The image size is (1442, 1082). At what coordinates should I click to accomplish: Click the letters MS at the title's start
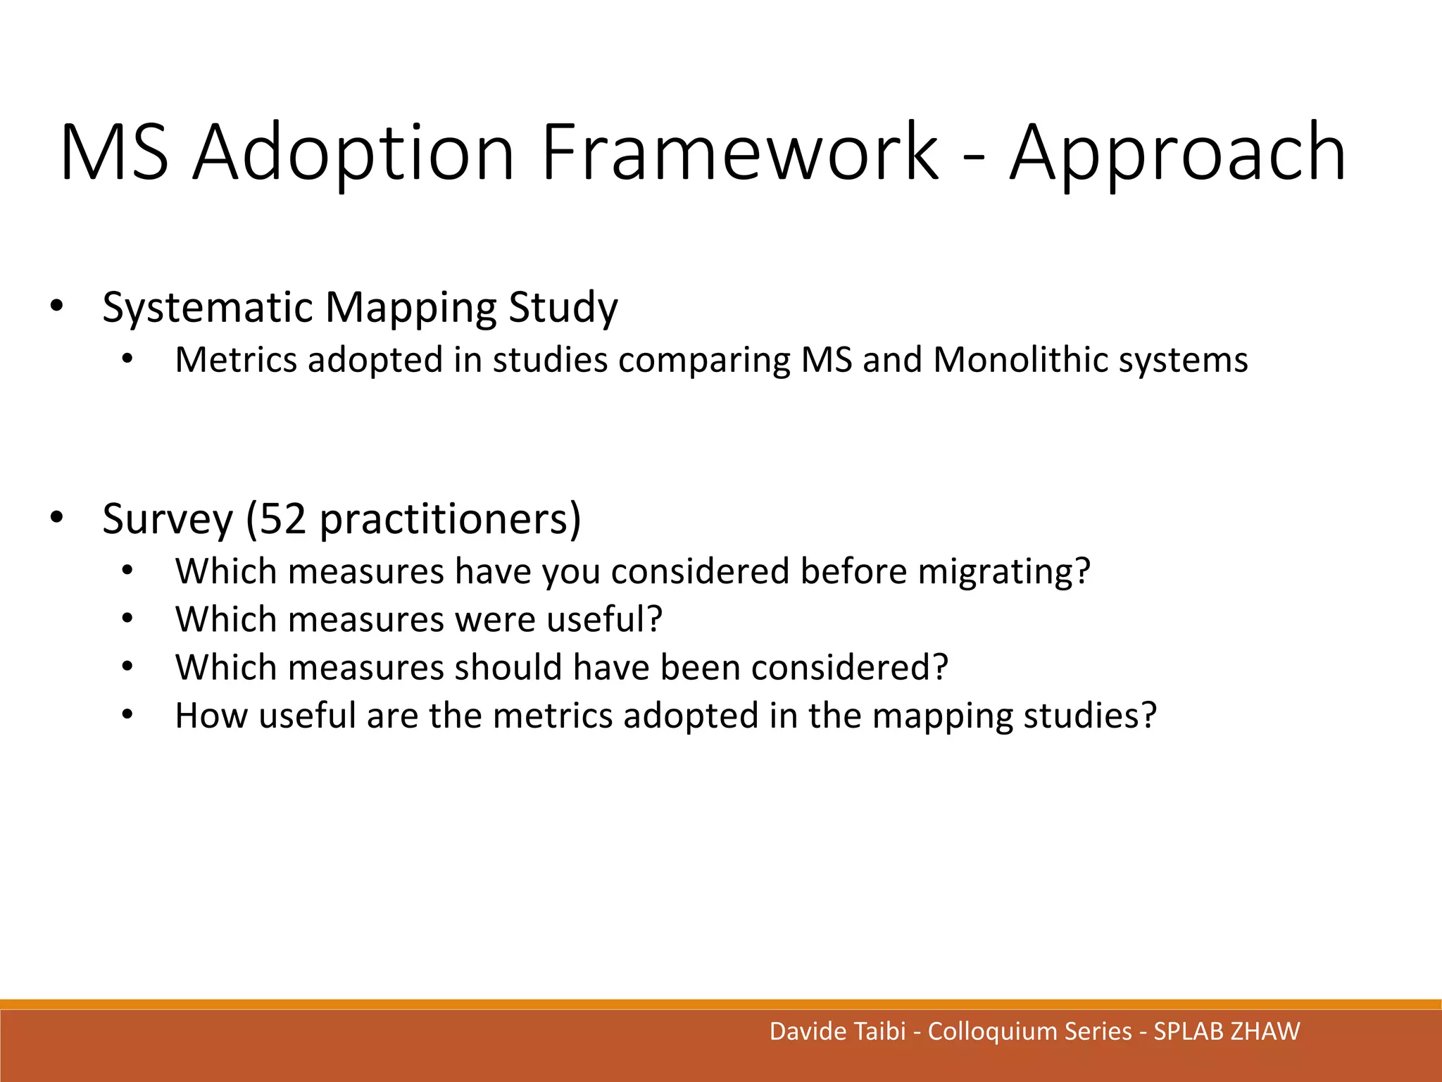click(x=115, y=153)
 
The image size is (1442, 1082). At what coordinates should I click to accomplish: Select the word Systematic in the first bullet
click(x=207, y=307)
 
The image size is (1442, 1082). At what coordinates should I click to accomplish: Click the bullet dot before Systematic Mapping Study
click(x=56, y=306)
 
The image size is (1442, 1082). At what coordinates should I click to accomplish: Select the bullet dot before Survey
click(x=56, y=518)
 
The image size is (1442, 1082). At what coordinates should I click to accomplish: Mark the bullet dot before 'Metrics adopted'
click(x=127, y=359)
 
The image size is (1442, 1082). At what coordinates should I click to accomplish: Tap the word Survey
click(x=168, y=519)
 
